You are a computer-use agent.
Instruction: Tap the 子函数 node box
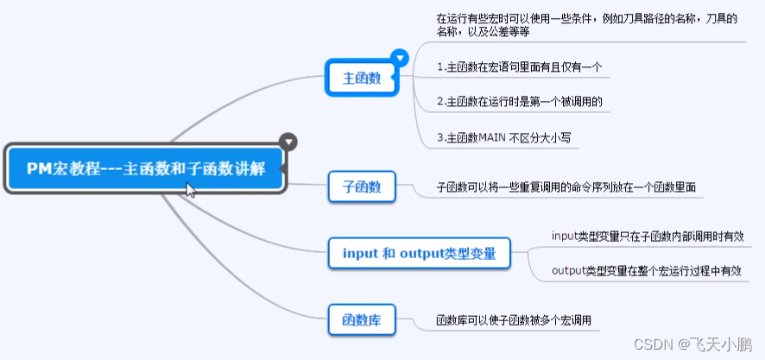coord(362,186)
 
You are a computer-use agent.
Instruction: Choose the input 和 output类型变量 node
coord(420,254)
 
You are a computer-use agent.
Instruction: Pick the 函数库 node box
coord(362,320)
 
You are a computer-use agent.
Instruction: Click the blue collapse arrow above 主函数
coord(399,58)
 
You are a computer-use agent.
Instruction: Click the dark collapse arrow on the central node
coord(288,141)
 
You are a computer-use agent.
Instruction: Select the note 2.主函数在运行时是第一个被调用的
coord(519,102)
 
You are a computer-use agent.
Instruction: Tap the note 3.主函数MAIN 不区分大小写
coord(504,137)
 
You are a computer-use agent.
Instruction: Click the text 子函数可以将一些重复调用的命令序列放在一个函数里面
coord(566,186)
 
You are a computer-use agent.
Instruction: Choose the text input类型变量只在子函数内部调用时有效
coord(648,236)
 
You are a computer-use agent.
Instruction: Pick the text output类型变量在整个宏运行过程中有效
coord(648,271)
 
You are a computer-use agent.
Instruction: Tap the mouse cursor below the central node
coord(190,190)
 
